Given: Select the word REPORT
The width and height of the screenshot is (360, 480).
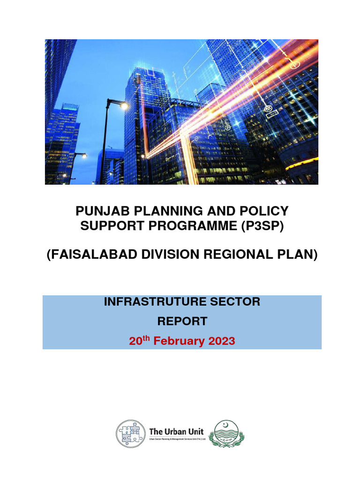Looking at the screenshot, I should point(182,322).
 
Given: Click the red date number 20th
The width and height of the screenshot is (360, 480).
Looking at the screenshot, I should point(138,341).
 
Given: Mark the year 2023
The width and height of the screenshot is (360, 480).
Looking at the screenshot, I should point(219,341).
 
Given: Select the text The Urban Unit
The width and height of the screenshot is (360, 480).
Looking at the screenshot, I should point(176,431).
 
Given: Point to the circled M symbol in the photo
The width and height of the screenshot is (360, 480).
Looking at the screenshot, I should point(269,108).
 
